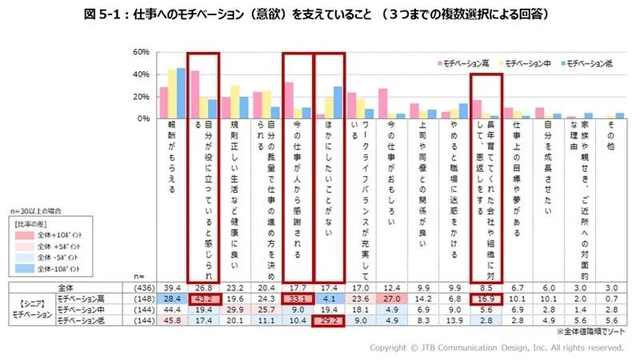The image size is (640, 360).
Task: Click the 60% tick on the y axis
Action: pyautogui.click(x=141, y=52)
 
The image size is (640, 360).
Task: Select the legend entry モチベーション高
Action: pyautogui.click(x=465, y=62)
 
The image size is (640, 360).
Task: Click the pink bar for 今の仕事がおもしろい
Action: pyautogui.click(x=382, y=103)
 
